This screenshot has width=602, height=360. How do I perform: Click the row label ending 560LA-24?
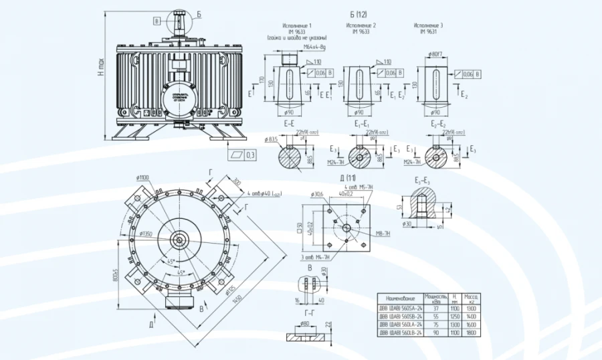[401, 323]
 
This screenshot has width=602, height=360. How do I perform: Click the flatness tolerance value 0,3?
[250, 155]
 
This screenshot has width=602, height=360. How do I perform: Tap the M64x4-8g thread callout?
[314, 48]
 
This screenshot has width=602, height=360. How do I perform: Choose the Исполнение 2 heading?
[361, 25]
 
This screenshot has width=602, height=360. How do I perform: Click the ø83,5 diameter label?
[272, 139]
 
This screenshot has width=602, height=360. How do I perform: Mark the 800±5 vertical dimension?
[116, 275]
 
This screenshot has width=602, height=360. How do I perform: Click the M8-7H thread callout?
[383, 234]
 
